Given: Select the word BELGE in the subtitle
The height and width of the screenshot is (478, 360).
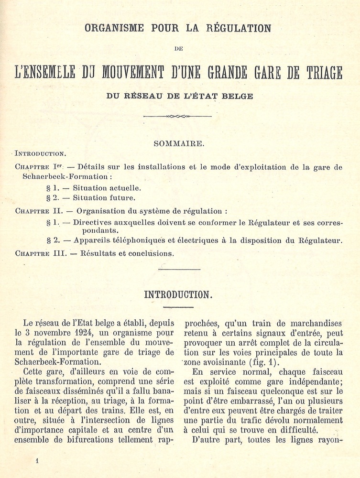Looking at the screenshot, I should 237,96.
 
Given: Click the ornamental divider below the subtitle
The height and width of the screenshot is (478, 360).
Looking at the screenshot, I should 177,116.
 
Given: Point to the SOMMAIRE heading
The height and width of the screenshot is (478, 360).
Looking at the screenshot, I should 179,143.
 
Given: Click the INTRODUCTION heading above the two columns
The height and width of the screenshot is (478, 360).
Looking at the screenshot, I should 177,294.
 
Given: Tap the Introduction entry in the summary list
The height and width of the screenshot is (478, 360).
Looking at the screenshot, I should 41,154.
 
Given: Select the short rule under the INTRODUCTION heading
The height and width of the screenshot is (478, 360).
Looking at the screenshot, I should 177,307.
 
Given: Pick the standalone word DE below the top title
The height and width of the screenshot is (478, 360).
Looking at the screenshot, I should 178,48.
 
